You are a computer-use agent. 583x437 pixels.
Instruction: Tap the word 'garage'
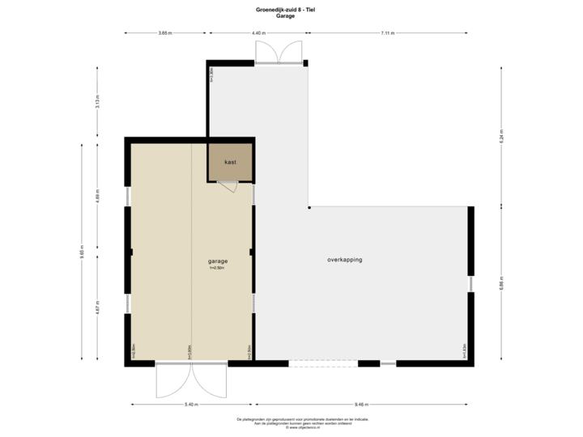click(218, 261)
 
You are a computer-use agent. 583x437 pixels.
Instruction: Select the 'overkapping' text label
click(345, 260)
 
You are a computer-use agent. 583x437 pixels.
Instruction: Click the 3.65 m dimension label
click(165, 33)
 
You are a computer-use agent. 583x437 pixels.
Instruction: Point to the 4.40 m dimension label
click(257, 33)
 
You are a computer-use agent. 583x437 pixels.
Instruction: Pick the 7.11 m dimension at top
click(388, 33)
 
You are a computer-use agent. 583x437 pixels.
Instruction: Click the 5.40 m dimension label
click(191, 404)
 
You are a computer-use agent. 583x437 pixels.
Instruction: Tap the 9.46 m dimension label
click(361, 404)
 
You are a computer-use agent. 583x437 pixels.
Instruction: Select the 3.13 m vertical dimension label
click(98, 103)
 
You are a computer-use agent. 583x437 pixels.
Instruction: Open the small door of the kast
click(229, 187)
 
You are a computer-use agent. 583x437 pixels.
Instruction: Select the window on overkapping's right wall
click(471, 284)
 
